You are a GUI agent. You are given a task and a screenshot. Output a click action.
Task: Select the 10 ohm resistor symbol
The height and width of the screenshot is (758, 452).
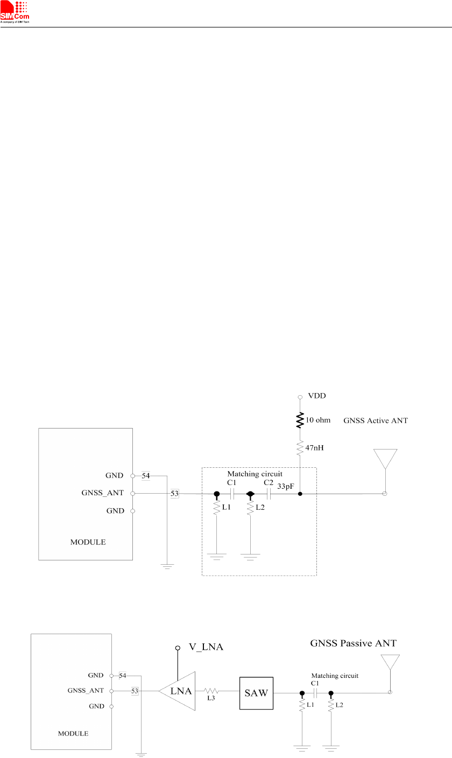point(300,420)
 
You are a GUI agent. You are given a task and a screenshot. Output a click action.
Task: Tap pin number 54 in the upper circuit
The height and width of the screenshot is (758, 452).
point(145,475)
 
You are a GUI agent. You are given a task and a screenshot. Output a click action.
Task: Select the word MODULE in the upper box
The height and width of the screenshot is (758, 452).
point(88,542)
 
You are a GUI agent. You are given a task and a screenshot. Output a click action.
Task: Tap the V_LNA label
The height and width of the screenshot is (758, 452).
point(204,648)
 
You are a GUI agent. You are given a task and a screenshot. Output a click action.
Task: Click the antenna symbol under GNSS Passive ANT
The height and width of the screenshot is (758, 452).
point(390,665)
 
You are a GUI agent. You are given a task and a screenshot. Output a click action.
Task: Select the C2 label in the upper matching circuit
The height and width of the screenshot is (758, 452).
point(269,483)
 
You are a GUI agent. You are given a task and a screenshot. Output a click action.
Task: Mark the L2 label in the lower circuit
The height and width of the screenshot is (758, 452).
point(340,704)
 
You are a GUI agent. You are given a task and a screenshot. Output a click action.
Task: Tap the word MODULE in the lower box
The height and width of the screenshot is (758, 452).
point(73,733)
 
